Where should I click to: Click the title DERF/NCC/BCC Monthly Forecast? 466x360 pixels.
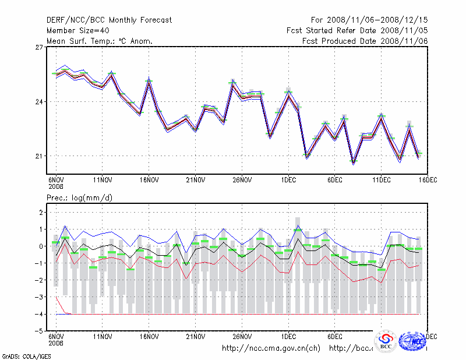coord(109,20)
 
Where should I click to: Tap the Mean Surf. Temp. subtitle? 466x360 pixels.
coord(99,41)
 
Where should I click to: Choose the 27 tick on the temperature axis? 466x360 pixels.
coord(40,47)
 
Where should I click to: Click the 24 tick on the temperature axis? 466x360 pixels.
coord(40,102)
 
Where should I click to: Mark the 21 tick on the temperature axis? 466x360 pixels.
coord(40,156)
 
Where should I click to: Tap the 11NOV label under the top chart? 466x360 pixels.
coord(102,181)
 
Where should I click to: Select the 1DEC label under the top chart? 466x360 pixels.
coord(288,181)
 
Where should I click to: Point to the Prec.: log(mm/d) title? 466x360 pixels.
coord(80,198)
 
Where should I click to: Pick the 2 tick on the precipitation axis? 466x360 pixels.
coord(41,213)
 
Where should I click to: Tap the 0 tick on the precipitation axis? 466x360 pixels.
coord(41,246)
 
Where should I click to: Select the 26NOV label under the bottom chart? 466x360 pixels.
coord(241,337)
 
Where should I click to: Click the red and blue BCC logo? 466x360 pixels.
coord(385,342)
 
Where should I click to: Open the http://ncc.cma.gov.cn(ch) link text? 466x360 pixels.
coord(271,348)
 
